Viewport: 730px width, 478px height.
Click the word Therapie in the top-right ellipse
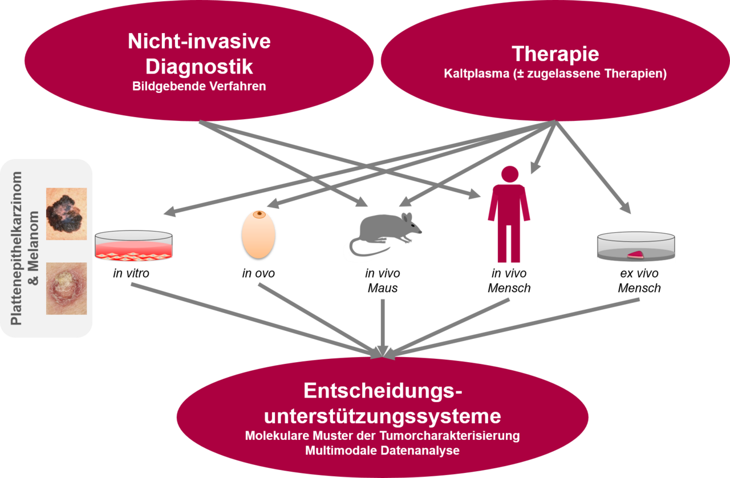point(555,54)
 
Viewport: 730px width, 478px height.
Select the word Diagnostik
point(199,66)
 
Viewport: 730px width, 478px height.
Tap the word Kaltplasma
point(471,74)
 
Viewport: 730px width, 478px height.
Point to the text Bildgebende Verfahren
point(199,87)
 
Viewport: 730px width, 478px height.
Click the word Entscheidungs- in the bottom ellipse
point(382,391)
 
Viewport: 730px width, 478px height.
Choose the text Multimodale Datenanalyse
point(382,451)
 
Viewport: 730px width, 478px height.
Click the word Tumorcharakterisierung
point(459,436)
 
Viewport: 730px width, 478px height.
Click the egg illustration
point(258,234)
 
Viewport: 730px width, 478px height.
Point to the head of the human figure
point(509,175)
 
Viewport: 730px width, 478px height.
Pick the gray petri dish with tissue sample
point(636,247)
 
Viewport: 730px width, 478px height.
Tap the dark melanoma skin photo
point(66,213)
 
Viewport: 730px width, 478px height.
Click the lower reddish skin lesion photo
point(66,288)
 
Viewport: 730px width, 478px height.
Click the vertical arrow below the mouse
point(383,325)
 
